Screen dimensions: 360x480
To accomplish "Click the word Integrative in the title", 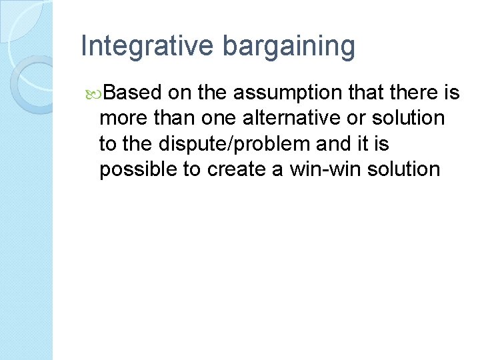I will point(147,46).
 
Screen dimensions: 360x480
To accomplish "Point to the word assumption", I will point(287,93).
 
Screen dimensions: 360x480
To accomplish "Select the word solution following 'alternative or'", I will point(408,118).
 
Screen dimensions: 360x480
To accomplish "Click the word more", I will point(121,118).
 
